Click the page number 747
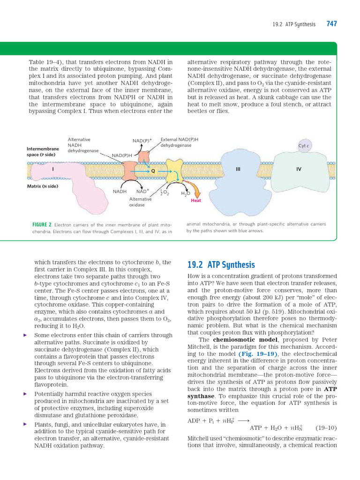(x=331, y=24)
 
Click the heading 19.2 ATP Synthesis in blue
(x=221, y=265)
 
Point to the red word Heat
(x=196, y=201)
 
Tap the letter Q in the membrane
(x=153, y=171)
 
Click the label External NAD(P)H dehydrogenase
(x=179, y=142)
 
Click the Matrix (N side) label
(x=43, y=186)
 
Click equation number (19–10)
(x=326, y=427)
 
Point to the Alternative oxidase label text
(x=140, y=202)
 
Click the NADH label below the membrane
(x=120, y=191)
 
